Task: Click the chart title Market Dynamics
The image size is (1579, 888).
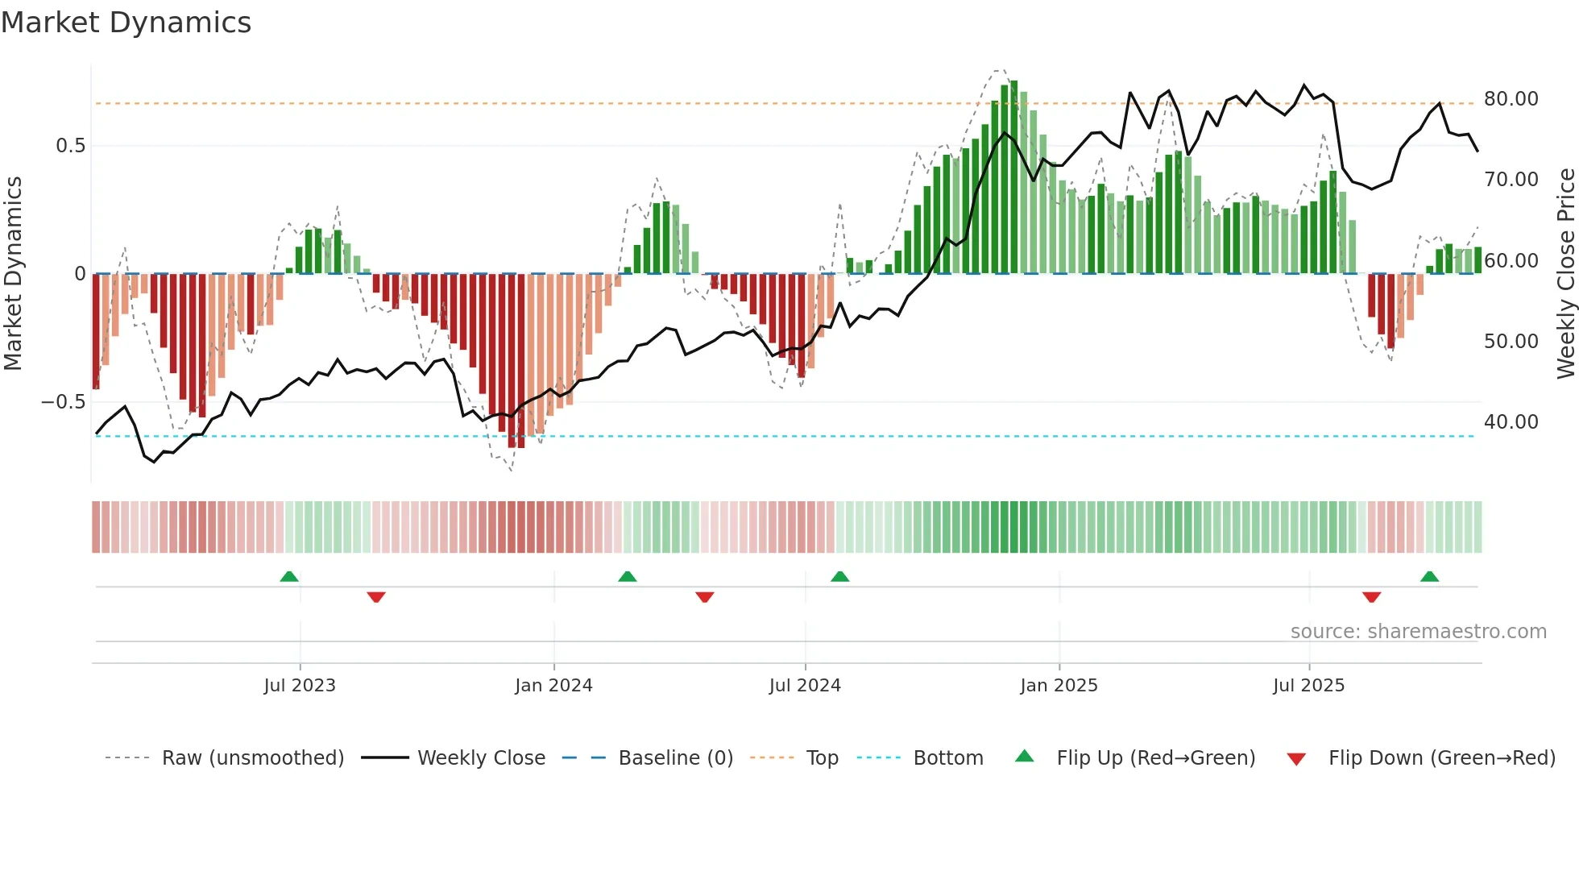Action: [x=126, y=23]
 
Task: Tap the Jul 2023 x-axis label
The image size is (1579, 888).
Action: [x=300, y=685]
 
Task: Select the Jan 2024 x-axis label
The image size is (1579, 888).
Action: [x=553, y=685]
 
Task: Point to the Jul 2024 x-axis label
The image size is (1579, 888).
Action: [x=805, y=685]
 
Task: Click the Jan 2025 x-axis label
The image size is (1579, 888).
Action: [x=1059, y=685]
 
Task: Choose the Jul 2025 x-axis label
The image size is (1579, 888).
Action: [x=1308, y=685]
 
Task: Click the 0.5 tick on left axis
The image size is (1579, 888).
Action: [x=70, y=146]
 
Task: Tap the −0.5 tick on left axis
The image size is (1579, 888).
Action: [x=64, y=401]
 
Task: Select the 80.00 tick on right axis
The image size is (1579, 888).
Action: [x=1511, y=99]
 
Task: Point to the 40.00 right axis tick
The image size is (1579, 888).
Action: [x=1511, y=421]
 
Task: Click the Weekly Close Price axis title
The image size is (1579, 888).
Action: [x=1565, y=274]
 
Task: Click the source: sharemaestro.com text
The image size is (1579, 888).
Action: [x=1418, y=632]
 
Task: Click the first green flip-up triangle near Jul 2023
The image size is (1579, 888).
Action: [x=289, y=576]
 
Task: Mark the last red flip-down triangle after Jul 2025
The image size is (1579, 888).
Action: [x=1371, y=597]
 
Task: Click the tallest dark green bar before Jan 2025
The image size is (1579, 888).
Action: [x=1013, y=177]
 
